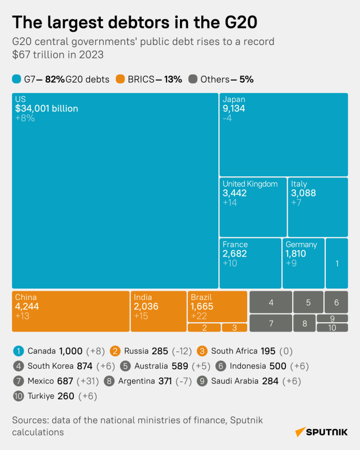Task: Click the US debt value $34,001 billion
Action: (x=47, y=109)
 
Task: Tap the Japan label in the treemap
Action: (x=234, y=99)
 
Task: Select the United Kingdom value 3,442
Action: (x=235, y=193)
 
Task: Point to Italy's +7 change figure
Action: (x=296, y=203)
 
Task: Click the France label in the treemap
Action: (x=235, y=245)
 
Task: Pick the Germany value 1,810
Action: (x=296, y=254)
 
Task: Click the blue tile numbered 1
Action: (x=337, y=263)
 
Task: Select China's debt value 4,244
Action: (x=27, y=306)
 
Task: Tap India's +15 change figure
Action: (x=141, y=316)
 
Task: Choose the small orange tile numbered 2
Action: (x=204, y=327)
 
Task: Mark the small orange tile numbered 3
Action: (x=234, y=327)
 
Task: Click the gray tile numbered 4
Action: (x=271, y=302)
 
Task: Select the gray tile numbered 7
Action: (x=271, y=323)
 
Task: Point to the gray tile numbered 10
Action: (x=332, y=327)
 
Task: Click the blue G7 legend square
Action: (x=17, y=79)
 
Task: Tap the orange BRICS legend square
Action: (x=121, y=79)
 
